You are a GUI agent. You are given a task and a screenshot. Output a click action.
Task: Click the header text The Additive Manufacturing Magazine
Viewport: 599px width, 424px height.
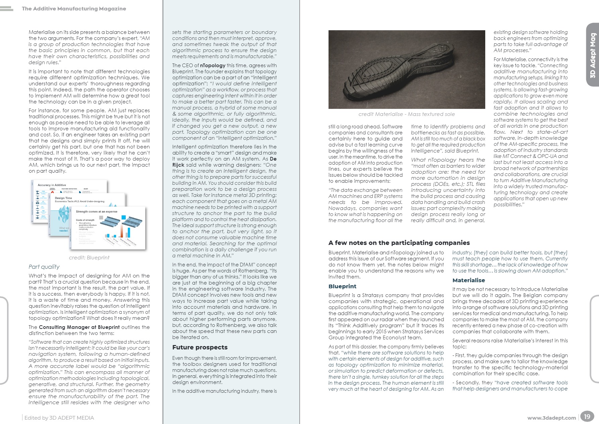point(74,9)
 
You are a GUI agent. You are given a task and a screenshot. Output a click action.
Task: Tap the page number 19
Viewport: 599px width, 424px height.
point(587,417)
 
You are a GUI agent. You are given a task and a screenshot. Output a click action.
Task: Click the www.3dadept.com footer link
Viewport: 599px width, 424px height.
point(551,418)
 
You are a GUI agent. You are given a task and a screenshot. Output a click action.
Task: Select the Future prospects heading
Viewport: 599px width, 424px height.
point(200,347)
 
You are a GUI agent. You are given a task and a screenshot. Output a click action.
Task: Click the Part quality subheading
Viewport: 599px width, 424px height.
point(44,267)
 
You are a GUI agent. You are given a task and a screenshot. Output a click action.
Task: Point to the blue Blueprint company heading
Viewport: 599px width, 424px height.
point(342,286)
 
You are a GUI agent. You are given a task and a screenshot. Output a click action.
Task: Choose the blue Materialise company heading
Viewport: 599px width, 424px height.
point(468,280)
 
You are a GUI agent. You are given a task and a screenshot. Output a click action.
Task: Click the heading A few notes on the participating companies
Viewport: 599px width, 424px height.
point(399,243)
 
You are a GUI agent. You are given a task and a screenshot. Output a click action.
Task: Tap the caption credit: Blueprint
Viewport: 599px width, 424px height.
point(89,258)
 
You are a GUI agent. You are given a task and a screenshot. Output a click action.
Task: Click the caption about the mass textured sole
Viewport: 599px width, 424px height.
point(406,114)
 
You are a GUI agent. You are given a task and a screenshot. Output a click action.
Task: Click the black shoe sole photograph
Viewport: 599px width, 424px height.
point(406,69)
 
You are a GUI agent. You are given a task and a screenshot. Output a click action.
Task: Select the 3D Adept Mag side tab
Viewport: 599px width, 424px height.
point(593,55)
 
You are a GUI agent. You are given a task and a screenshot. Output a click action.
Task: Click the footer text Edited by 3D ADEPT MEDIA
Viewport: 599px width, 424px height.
point(59,418)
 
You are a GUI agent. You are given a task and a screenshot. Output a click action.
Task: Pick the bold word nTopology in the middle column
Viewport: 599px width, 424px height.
point(213,66)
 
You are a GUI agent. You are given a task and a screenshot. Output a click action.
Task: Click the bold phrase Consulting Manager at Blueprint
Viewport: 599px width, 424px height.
point(79,327)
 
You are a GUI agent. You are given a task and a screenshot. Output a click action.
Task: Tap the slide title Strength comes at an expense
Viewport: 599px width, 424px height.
point(96,212)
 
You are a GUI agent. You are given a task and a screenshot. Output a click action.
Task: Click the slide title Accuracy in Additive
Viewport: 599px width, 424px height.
point(52,185)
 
